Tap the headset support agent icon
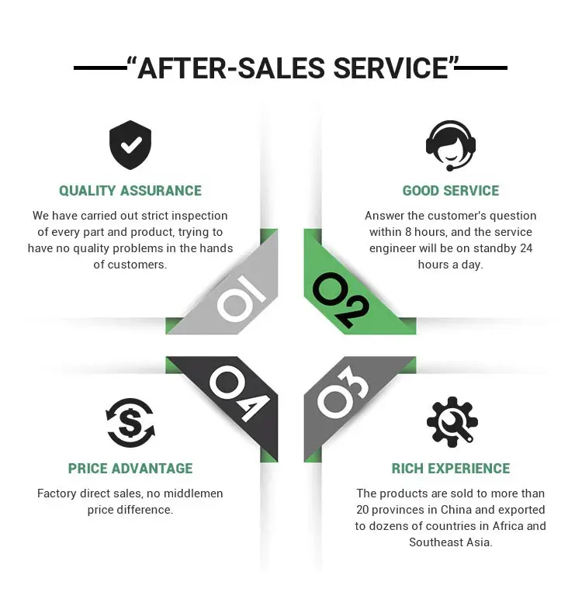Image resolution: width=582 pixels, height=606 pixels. coord(451,144)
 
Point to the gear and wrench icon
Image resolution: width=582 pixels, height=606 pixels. coord(452,422)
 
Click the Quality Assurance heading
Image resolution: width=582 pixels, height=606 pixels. coord(130,191)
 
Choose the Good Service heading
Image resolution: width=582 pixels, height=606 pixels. coord(451,191)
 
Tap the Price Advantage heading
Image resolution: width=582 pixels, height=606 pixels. coord(130,469)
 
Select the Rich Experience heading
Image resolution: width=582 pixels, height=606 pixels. coord(451,469)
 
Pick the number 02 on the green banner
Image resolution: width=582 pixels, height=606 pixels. coord(341,300)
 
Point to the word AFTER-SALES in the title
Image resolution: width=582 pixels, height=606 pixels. coord(232,69)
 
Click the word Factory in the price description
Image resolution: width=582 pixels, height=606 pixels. coord(59,493)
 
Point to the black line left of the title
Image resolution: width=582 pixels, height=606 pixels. coord(100,68)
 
